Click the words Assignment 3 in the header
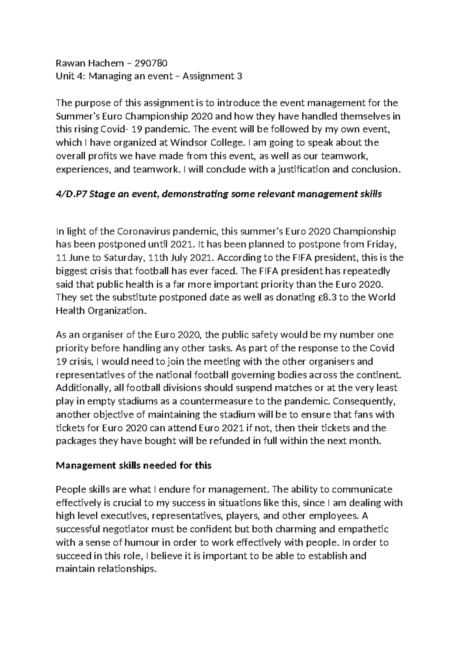[x=212, y=76]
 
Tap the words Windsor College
[x=206, y=143]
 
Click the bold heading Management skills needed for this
[x=134, y=465]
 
